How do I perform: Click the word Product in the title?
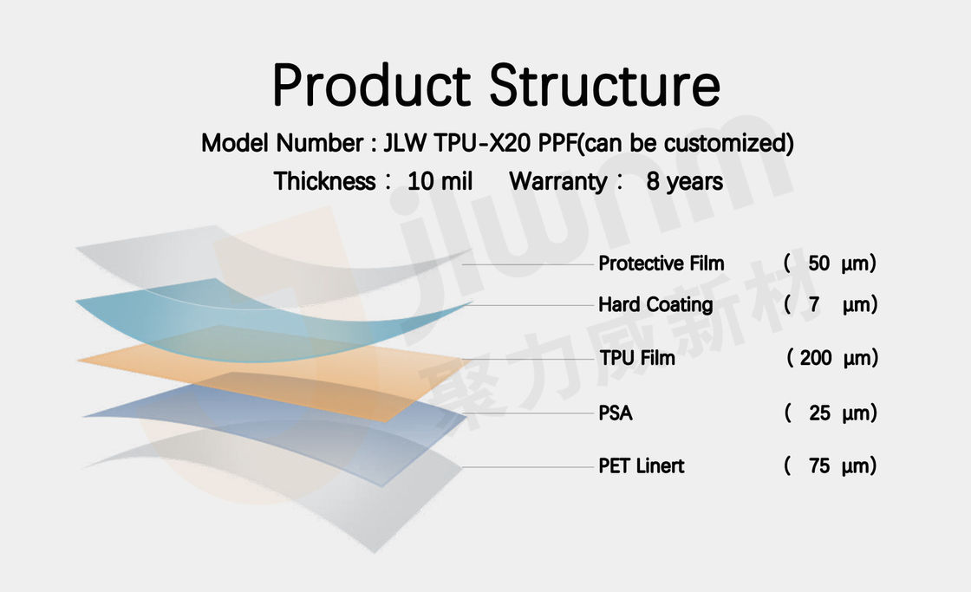pos(372,85)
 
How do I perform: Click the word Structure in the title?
pos(605,85)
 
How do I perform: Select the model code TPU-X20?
pos(482,143)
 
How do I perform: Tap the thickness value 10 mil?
pos(440,181)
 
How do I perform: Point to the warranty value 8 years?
pos(684,181)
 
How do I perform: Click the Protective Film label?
pos(661,263)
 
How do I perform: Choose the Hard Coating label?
pos(655,305)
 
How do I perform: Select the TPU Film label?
pos(637,358)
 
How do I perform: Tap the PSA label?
pos(615,413)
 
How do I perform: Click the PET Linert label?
pos(641,465)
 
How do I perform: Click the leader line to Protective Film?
pos(528,264)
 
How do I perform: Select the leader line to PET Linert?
pos(528,467)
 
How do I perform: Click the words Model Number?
pos(283,143)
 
